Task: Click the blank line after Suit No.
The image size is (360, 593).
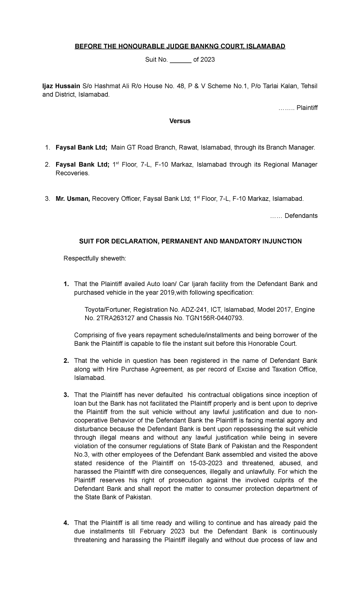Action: click(x=181, y=60)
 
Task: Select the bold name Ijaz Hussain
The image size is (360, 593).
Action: click(x=61, y=86)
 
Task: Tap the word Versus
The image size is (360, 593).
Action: click(x=180, y=121)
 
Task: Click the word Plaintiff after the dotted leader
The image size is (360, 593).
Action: click(x=307, y=108)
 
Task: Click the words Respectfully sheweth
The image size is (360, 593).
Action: click(x=95, y=259)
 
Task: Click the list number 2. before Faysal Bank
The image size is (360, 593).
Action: click(x=47, y=165)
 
